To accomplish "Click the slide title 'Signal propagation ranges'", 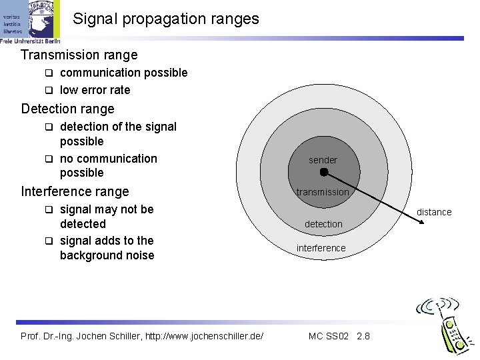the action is [165, 19].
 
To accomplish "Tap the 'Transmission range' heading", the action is [79, 55].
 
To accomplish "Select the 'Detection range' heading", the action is [68, 109].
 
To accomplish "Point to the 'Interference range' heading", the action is [75, 191].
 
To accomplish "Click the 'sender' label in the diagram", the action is [323, 160].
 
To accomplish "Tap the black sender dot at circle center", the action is [323, 172].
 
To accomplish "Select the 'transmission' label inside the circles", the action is [323, 192].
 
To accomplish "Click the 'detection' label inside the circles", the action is [323, 224].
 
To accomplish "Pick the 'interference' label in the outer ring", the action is [321, 248].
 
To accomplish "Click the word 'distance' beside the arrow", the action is [434, 212].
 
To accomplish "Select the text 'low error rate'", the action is [95, 90].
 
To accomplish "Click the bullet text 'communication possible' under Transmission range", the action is [123, 73].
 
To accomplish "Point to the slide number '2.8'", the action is [363, 335].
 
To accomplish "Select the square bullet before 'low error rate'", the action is [48, 90].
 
